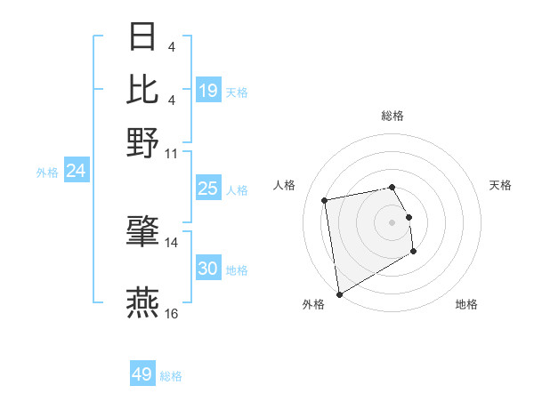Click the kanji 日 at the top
click(x=143, y=38)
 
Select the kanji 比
click(x=143, y=89)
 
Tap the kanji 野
click(x=143, y=142)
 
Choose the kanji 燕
click(x=143, y=302)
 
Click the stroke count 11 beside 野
click(x=172, y=153)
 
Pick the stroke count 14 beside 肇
click(x=172, y=242)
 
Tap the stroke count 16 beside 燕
click(x=172, y=313)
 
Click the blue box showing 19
click(x=208, y=91)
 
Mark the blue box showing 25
click(x=207, y=189)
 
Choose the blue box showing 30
click(x=207, y=269)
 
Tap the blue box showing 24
click(x=76, y=171)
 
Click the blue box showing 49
click(x=142, y=374)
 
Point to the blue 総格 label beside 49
click(x=172, y=376)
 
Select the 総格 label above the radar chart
click(x=392, y=117)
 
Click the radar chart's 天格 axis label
click(x=500, y=185)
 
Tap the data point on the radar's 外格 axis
click(x=339, y=294)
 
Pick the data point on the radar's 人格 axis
click(x=325, y=200)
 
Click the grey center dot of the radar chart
click(x=392, y=221)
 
